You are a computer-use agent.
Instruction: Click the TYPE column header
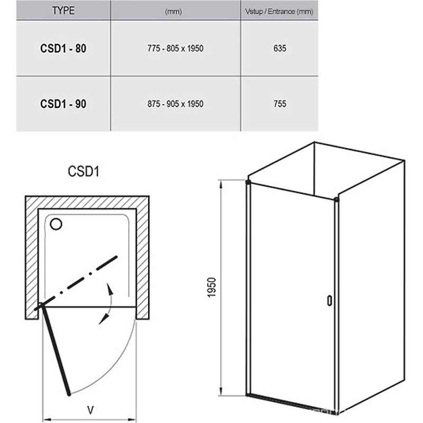click(x=63, y=11)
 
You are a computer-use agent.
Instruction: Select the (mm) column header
click(x=173, y=12)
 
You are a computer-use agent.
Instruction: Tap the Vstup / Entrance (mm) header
click(x=279, y=12)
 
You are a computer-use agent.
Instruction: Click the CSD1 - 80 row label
click(x=63, y=49)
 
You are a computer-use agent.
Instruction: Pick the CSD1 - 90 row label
click(x=63, y=104)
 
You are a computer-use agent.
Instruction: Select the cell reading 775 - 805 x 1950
click(x=176, y=48)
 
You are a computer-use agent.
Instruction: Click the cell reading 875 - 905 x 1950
click(x=176, y=104)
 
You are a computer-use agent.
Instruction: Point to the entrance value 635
click(x=280, y=48)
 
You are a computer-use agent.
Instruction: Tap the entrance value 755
click(x=280, y=104)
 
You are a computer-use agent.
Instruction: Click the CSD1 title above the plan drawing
click(x=84, y=171)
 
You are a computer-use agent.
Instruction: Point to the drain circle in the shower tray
click(x=56, y=224)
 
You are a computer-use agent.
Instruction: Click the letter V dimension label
click(x=90, y=410)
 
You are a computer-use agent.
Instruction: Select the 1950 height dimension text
click(x=212, y=288)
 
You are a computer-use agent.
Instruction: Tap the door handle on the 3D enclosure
click(x=329, y=300)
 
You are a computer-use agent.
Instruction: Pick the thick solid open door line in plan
click(x=56, y=350)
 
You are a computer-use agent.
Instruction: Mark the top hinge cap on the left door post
click(x=248, y=182)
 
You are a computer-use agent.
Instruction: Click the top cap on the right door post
click(x=336, y=200)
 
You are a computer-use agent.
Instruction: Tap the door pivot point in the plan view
click(x=41, y=306)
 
